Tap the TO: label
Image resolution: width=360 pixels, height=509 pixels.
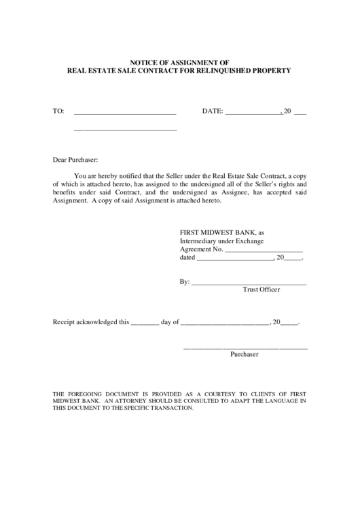pyautogui.click(x=58, y=111)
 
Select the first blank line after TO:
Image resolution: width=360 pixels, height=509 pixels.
pyautogui.click(x=124, y=111)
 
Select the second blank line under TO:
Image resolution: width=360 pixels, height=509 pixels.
pyautogui.click(x=124, y=128)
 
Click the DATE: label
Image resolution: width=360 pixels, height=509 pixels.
pyautogui.click(x=212, y=111)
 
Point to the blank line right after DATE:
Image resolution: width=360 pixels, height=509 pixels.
pyautogui.click(x=252, y=111)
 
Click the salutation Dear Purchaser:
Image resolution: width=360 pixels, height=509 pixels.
pyautogui.click(x=75, y=160)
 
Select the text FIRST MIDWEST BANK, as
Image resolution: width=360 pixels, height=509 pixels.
pyautogui.click(x=221, y=232)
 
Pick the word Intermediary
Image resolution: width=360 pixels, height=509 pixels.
pyautogui.click(x=199, y=241)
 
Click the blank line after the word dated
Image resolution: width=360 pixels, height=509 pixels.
pyautogui.click(x=234, y=259)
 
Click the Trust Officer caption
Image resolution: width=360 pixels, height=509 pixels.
pyautogui.click(x=261, y=289)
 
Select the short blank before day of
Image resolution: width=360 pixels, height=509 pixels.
pyautogui.click(x=144, y=323)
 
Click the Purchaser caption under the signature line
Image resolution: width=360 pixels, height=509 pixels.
pyautogui.click(x=245, y=355)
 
